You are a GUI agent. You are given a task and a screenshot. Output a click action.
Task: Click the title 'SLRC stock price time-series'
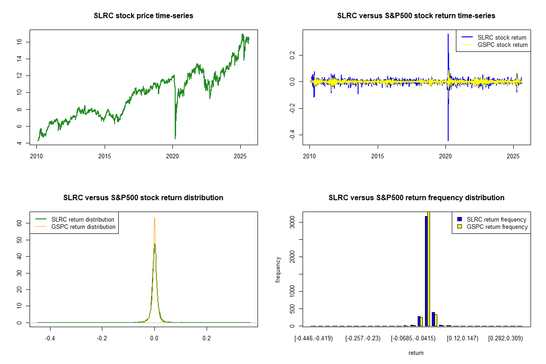point(143,16)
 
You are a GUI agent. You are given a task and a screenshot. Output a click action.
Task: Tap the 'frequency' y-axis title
point(278,269)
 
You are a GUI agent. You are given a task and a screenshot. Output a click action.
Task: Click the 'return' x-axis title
point(416,353)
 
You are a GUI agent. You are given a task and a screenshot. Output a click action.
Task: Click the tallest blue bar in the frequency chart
point(426,271)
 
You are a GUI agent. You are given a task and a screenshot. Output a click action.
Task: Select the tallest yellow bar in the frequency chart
point(429,268)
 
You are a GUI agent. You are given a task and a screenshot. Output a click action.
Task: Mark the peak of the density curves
point(155,219)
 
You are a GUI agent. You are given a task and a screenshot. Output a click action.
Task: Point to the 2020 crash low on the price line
point(175,138)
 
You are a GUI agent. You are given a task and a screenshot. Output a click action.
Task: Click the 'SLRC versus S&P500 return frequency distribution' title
point(416,198)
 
